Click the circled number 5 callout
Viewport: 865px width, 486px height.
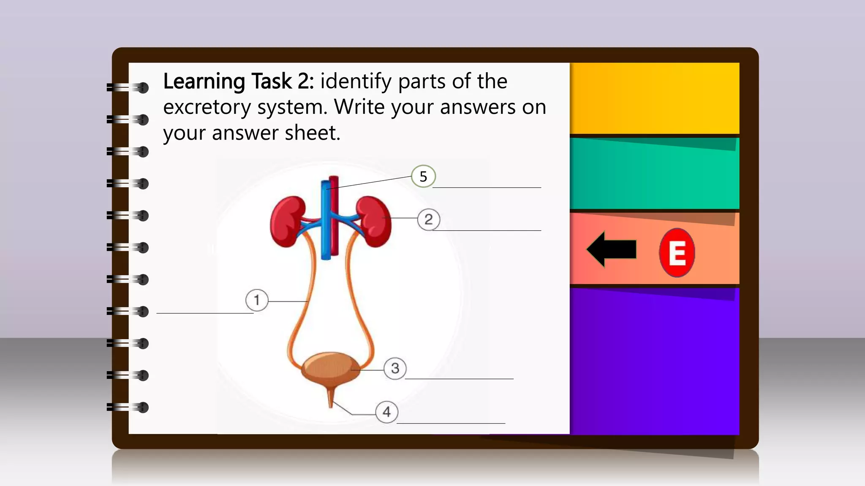point(423,176)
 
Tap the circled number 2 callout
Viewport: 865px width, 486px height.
point(429,219)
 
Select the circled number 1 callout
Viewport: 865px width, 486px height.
point(257,300)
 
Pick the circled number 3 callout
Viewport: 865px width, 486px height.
point(395,368)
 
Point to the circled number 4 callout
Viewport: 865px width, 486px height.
point(386,412)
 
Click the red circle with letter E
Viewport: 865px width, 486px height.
point(677,253)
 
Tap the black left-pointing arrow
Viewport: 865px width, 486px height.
point(612,249)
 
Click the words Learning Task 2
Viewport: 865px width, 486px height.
point(238,81)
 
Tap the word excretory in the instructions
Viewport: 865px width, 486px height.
point(207,107)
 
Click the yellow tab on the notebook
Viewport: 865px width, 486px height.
point(655,98)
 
